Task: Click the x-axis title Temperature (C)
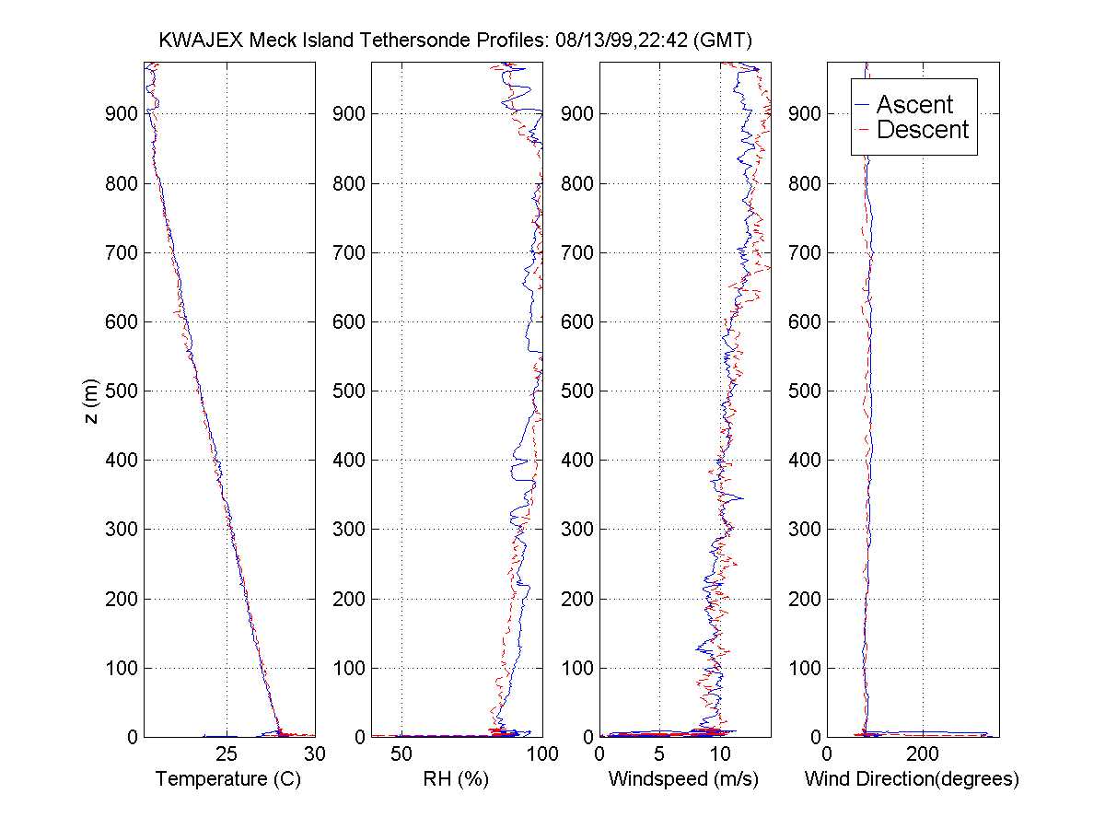(228, 779)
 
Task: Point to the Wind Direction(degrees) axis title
(912, 779)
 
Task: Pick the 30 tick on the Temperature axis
(315, 754)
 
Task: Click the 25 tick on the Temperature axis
(228, 754)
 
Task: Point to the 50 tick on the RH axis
(401, 754)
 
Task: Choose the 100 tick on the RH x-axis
(542, 754)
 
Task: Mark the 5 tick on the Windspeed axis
(659, 754)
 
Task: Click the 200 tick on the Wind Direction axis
(923, 754)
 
